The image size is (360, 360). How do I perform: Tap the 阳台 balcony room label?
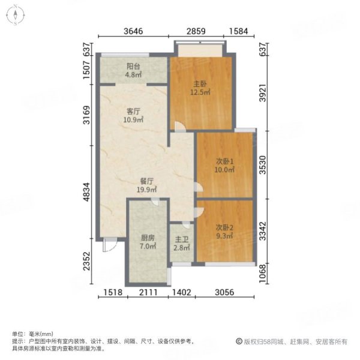click(133, 67)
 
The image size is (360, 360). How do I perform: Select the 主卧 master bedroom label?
click(200, 83)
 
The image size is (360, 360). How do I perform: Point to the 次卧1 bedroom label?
click(224, 161)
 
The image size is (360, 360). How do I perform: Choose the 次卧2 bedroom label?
click(224, 227)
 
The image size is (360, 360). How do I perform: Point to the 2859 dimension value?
click(197, 31)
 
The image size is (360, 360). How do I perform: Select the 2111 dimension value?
click(148, 293)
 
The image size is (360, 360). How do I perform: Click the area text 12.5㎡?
click(200, 92)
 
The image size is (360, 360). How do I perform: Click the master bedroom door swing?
click(178, 125)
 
